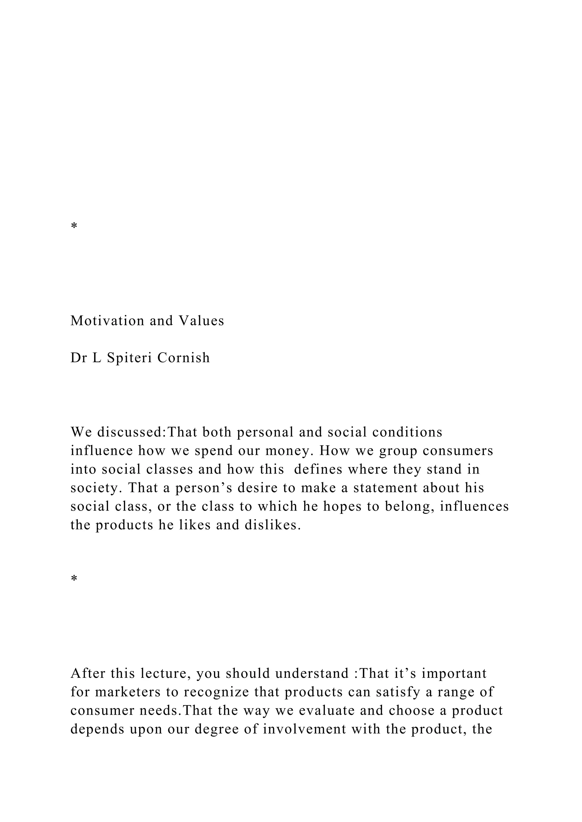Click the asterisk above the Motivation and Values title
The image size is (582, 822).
point(74,226)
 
